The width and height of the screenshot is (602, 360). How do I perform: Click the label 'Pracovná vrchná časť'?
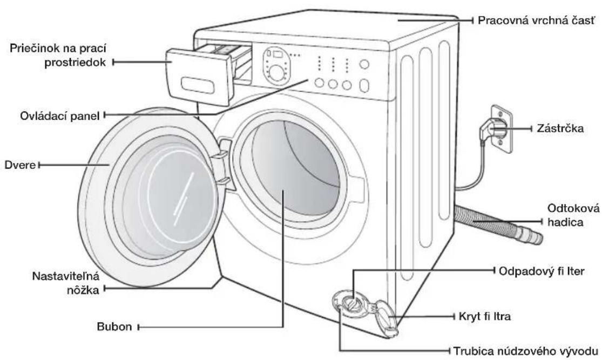click(536, 21)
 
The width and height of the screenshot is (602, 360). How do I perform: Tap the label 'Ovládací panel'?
click(59, 116)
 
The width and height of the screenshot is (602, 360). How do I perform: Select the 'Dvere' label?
click(20, 165)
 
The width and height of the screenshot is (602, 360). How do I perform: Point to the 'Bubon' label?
click(114, 327)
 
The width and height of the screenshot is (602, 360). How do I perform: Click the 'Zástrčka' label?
click(560, 128)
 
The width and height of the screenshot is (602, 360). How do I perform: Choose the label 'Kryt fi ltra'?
click(484, 316)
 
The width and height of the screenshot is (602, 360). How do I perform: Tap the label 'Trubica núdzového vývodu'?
click(525, 351)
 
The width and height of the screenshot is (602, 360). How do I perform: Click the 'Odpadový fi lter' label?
click(542, 271)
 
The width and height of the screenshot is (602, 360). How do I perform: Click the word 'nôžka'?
click(83, 290)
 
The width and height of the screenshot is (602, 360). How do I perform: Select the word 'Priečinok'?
click(32, 49)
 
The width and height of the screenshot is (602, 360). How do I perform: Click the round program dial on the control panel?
click(276, 72)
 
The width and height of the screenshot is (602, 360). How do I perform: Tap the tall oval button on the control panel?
click(364, 86)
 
